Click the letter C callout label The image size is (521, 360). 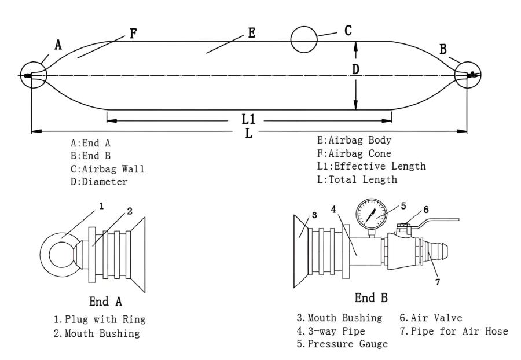348,31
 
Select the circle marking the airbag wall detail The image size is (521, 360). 304,41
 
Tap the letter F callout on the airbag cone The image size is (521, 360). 133,33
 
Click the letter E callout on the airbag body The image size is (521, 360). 251,33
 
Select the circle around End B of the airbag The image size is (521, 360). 468,75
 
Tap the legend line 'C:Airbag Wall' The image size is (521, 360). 107,168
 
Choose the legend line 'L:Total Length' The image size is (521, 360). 357,179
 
